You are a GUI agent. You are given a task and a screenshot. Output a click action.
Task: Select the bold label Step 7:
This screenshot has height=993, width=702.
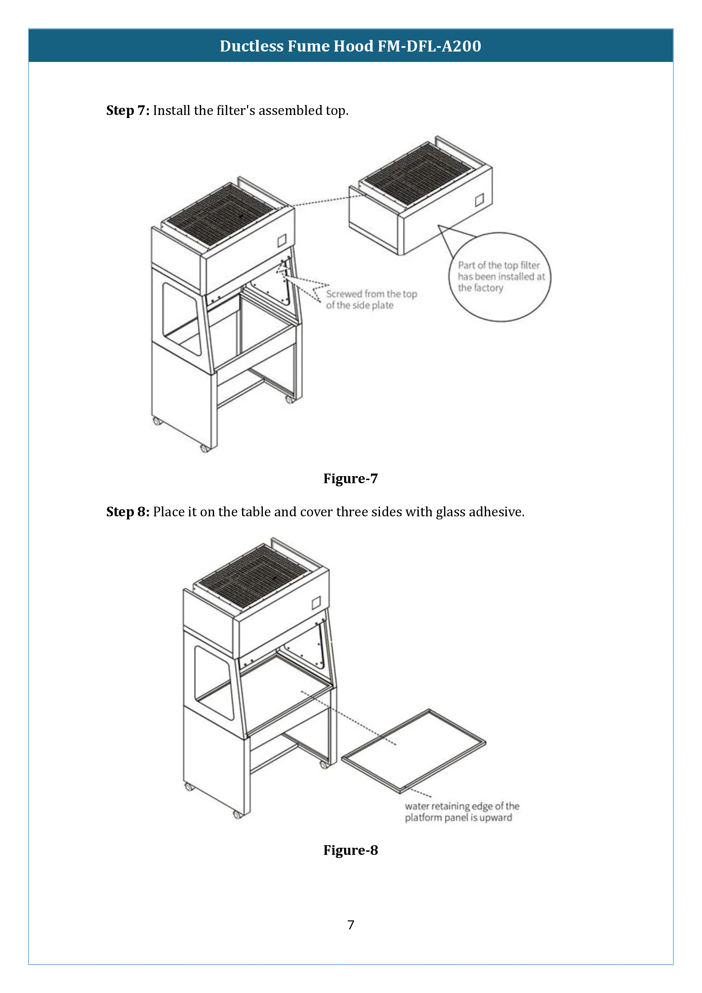(x=128, y=111)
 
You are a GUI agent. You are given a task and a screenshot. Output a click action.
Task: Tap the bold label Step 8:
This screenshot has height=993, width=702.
(x=128, y=512)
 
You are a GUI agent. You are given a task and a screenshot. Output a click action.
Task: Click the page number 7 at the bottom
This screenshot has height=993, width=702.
(x=351, y=925)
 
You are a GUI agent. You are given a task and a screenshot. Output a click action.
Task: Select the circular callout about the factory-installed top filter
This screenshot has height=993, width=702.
(x=501, y=277)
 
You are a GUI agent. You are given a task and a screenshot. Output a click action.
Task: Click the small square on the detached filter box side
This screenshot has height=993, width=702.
(x=479, y=200)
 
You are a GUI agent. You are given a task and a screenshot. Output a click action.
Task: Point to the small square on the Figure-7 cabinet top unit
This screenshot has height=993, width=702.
(x=282, y=240)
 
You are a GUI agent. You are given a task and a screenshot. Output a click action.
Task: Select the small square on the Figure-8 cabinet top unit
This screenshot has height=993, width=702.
(x=316, y=602)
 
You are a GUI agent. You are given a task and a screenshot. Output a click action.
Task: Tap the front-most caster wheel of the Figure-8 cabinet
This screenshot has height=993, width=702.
(x=237, y=815)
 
